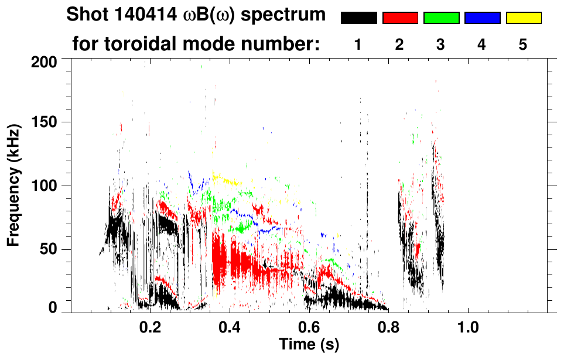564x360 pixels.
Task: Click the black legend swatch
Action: pos(358,18)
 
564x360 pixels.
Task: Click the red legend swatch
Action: pos(400,18)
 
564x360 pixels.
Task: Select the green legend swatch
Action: pos(441,18)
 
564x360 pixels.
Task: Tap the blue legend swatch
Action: pos(482,18)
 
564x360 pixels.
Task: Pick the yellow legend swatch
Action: pos(524,18)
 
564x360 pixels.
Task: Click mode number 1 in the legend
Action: pos(358,45)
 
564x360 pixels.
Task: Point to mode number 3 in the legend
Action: pos(440,45)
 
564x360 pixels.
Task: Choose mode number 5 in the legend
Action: pos(523,45)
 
